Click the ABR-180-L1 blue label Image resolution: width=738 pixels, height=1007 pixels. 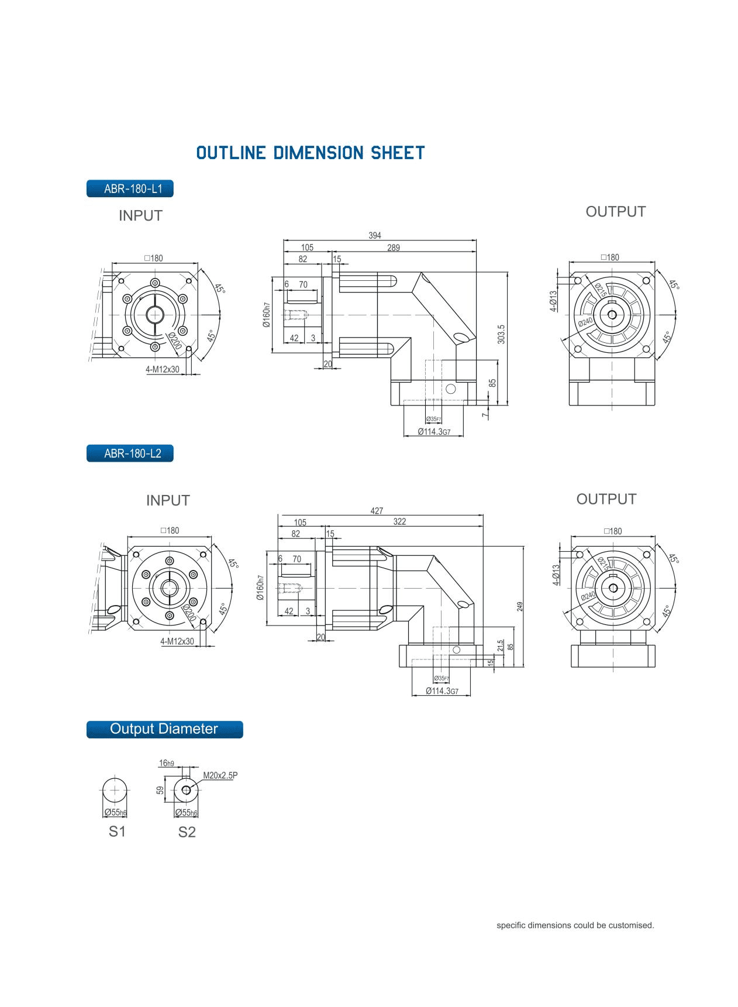130,189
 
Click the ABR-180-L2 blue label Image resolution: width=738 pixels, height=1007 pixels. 130,453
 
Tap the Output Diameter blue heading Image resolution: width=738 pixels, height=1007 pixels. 164,729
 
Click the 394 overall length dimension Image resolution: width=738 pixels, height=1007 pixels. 374,235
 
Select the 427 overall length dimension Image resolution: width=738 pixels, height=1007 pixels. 377,511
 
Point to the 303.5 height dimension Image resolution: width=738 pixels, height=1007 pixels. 501,334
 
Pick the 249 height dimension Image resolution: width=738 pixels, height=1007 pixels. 520,607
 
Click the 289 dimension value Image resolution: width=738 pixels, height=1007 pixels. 394,248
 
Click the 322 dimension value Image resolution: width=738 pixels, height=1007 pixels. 399,521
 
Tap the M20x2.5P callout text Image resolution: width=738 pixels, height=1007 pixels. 220,775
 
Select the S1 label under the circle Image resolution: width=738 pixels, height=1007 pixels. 117,831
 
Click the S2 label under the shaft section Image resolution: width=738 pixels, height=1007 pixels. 187,832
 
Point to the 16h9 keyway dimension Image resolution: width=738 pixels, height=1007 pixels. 166,763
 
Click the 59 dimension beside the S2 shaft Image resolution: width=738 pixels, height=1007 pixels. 160,790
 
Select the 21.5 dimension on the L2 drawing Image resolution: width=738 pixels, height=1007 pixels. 500,645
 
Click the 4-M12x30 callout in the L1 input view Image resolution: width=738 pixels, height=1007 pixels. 163,369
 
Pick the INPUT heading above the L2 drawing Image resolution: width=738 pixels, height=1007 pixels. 168,500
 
